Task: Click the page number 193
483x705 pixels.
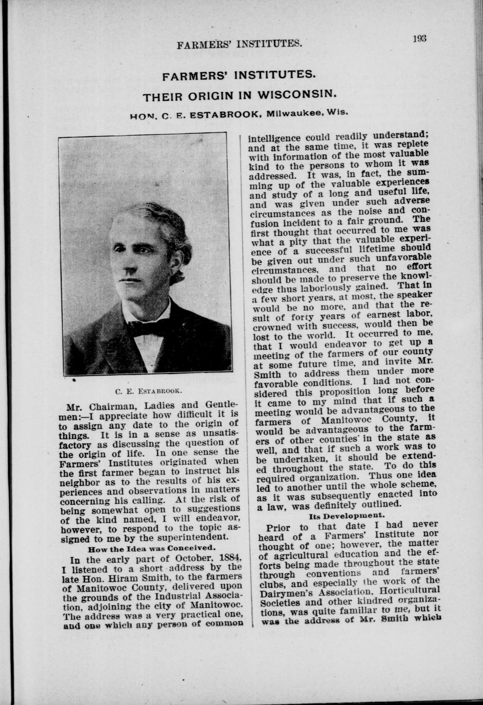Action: pos(420,38)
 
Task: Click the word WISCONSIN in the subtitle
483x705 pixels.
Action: pos(298,95)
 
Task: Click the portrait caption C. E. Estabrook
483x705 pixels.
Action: pos(147,391)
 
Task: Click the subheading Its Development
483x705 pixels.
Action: pos(347,515)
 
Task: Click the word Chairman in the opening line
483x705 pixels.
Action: pos(111,407)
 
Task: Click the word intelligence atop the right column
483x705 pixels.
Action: pos(274,138)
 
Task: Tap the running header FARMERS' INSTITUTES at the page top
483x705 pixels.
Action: pos(239,44)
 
